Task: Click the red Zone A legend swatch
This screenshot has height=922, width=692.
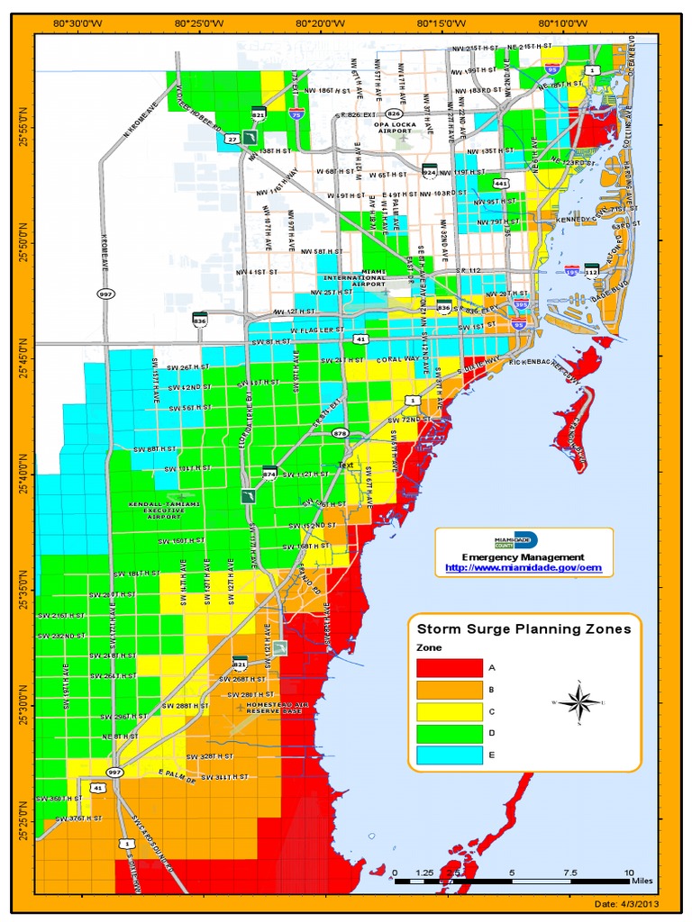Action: click(450, 668)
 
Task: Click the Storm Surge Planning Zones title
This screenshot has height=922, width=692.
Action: click(524, 629)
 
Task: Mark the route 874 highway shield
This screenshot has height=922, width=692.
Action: click(269, 473)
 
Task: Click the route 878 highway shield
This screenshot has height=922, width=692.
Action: click(340, 433)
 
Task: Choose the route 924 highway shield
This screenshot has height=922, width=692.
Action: click(430, 169)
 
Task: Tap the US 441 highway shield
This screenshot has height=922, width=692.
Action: click(502, 184)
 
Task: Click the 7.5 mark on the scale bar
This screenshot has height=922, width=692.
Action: click(569, 872)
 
